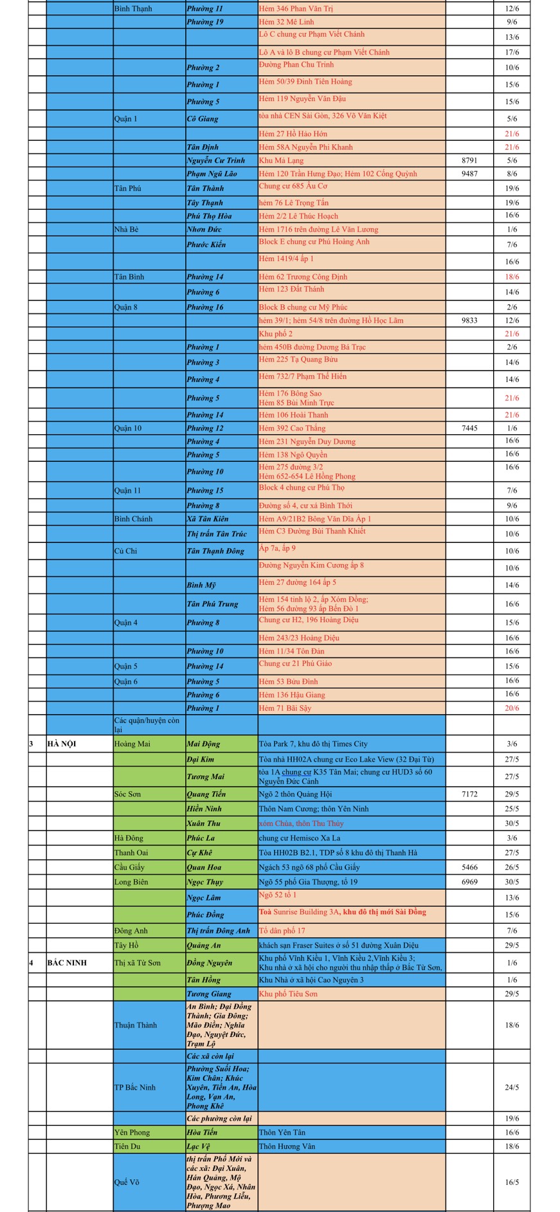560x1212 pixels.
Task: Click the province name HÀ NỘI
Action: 62,744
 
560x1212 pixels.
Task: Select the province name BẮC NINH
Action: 67,963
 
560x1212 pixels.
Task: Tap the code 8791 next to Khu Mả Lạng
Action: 469,160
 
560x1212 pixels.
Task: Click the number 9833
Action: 469,320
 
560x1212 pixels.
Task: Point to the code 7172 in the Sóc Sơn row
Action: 469,794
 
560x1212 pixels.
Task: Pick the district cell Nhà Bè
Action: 126,229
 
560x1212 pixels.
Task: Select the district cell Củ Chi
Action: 125,551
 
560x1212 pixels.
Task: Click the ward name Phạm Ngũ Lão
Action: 212,174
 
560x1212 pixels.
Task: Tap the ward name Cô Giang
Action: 203,118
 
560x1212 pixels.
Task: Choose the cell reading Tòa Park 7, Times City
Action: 313,744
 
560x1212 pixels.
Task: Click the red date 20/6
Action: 512,708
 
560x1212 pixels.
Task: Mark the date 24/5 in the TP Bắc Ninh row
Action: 512,1087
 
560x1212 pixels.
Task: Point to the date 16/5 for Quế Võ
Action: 512,1182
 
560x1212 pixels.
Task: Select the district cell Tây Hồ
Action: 126,945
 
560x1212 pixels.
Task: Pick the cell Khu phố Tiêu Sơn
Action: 287,994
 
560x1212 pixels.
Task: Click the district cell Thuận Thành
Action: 135,1025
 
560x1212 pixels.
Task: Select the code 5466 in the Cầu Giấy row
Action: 469,867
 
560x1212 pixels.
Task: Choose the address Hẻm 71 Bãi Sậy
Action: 285,708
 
